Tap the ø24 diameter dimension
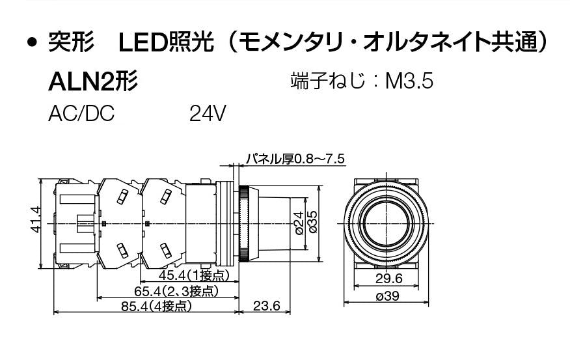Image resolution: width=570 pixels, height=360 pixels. tap(299, 223)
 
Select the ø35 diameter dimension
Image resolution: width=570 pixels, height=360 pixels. tap(312, 222)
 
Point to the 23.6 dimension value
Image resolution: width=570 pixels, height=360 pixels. tap(267, 306)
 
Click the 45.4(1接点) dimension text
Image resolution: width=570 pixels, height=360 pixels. tap(194, 275)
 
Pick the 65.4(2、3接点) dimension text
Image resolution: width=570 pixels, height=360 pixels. tap(176, 291)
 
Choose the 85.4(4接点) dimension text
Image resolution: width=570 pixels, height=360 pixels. tap(156, 306)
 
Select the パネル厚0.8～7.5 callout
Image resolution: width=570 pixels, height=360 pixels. tap(295, 159)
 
